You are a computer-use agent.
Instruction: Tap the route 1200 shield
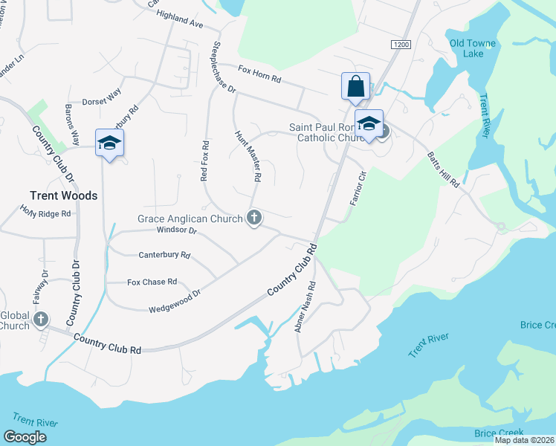(400, 45)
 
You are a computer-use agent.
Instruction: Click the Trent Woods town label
(63, 195)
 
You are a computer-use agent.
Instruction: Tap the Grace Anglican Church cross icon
(254, 219)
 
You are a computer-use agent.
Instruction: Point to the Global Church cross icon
(41, 320)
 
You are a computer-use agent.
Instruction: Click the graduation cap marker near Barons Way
(109, 143)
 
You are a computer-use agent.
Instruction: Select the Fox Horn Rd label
(259, 73)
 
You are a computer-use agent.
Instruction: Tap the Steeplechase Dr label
(224, 67)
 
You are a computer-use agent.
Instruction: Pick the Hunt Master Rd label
(248, 157)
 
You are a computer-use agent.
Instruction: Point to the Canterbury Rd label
(165, 255)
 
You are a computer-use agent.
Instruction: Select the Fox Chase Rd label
(152, 282)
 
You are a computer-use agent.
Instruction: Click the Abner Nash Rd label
(306, 306)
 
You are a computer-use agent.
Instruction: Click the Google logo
(25, 437)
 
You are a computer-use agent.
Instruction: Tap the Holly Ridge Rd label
(45, 213)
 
